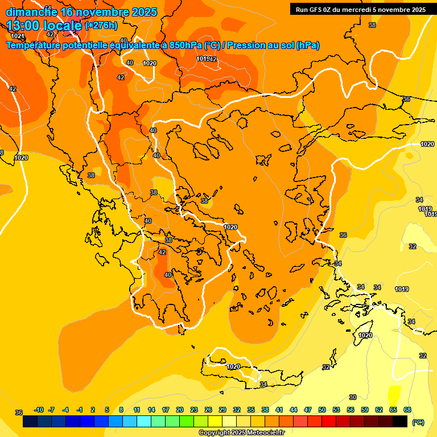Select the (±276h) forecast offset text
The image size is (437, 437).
[x=101, y=25]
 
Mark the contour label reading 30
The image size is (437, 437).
[x=353, y=397]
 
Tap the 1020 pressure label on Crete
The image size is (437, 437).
[x=233, y=367]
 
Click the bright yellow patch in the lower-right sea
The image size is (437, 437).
[x=393, y=394]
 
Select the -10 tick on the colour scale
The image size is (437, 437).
[x=39, y=410]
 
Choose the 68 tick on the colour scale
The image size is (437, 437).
[x=407, y=410]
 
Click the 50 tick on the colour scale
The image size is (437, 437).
[x=322, y=410]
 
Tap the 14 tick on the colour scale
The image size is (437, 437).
[x=151, y=410]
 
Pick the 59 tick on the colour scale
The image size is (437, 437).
[x=365, y=410]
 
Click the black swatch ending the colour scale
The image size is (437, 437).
[x=400, y=422]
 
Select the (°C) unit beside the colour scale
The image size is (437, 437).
[x=418, y=422]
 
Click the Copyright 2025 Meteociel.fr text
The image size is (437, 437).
[x=241, y=432]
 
